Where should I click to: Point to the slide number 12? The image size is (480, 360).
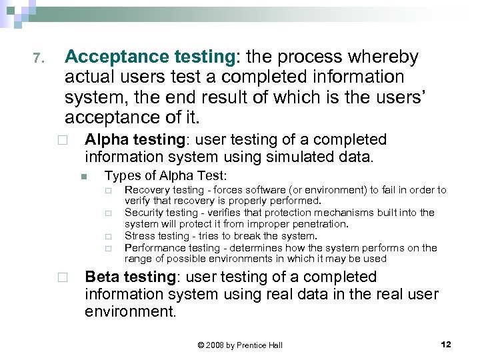click(x=446, y=344)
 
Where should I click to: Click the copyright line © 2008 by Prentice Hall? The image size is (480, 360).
click(x=240, y=345)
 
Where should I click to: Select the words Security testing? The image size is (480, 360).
click(x=161, y=213)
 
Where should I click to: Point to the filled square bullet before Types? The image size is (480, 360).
click(x=83, y=177)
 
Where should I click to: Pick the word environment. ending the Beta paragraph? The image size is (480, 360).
click(x=131, y=311)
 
